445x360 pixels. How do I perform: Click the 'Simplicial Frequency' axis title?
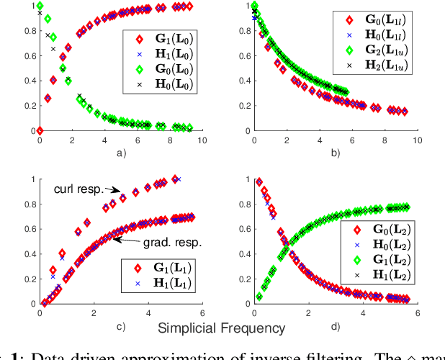pyautogui.click(x=220, y=328)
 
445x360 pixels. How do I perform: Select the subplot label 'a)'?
pyautogui.click(x=121, y=153)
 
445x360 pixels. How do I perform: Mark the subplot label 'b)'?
pyautogui.click(x=336, y=153)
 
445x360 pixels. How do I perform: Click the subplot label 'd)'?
pyautogui.click(x=336, y=326)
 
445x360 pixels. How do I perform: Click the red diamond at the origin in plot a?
pyautogui.click(x=40, y=130)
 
